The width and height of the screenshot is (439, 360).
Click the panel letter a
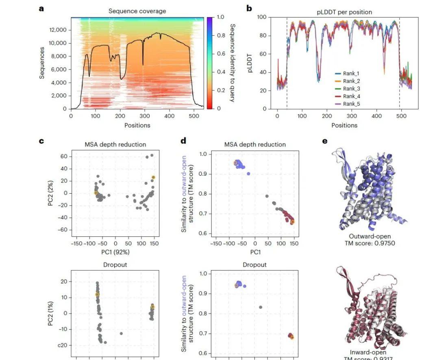tap(41, 9)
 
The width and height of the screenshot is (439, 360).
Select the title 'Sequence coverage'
tap(137, 11)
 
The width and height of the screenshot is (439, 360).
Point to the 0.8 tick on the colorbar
tap(221, 35)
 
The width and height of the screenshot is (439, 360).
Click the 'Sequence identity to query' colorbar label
tap(233, 63)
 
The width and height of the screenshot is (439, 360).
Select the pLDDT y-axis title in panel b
tap(251, 63)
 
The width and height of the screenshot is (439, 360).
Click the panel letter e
tap(324, 142)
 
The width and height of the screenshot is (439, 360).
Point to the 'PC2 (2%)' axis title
tap(51, 193)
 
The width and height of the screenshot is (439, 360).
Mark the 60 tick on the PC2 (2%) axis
tap(64, 156)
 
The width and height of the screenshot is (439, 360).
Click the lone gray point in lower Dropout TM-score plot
tap(261, 307)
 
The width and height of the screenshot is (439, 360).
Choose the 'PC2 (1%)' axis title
tap(51, 313)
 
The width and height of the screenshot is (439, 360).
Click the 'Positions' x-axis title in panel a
tap(137, 125)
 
